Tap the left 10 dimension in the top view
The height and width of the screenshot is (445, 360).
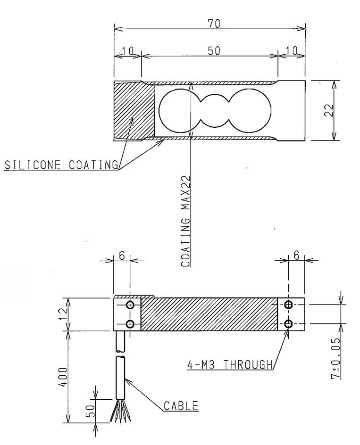point(127,51)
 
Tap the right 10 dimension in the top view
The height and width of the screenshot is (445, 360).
point(291,51)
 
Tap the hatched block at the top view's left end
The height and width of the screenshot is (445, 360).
point(134,111)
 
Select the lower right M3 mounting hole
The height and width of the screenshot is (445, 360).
point(289,323)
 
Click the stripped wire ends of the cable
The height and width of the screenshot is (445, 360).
point(118,413)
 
